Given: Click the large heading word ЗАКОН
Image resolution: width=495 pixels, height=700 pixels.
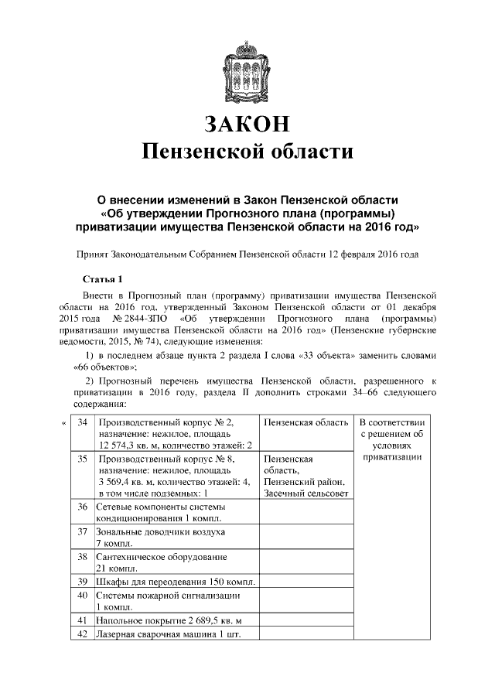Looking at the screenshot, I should click(247, 125).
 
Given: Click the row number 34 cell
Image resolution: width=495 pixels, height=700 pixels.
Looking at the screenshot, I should click(82, 423).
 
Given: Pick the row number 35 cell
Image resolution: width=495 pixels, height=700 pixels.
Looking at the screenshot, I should click(82, 459).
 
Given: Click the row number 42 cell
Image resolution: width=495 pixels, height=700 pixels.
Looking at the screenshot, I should click(82, 634).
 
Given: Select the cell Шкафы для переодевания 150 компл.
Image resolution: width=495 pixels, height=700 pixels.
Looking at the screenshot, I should click(175, 582).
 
